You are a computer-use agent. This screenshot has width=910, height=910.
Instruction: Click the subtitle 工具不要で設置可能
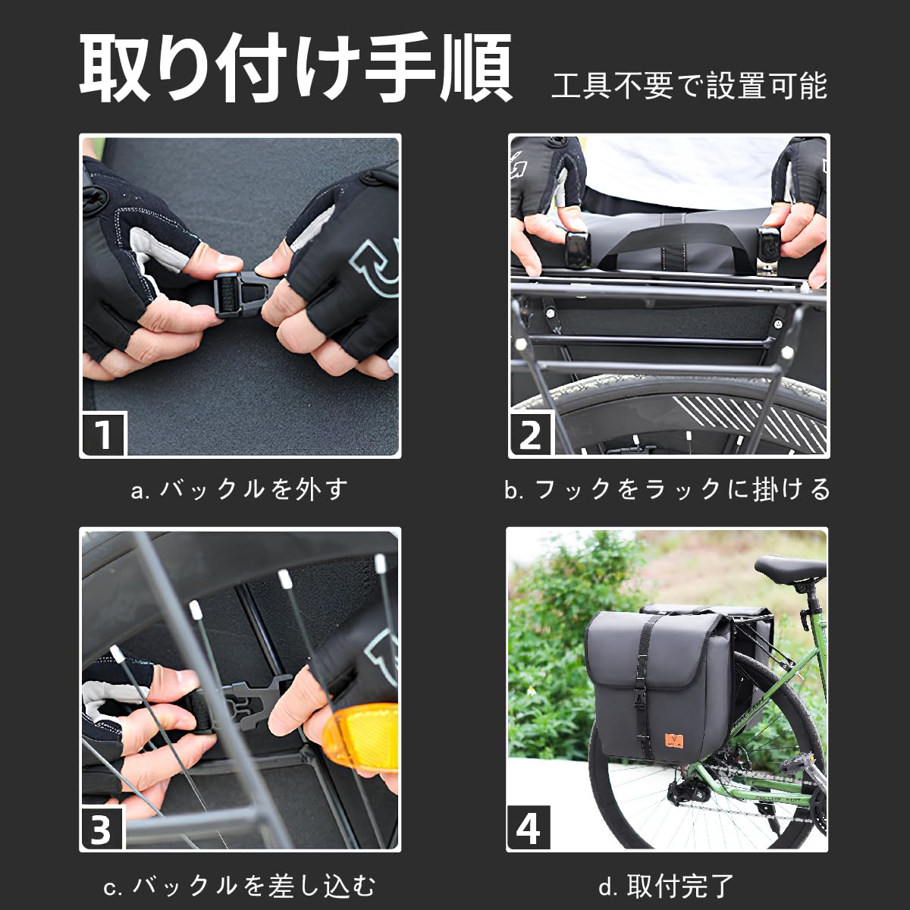coord(689,86)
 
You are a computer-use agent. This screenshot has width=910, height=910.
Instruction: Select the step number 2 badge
coord(531,435)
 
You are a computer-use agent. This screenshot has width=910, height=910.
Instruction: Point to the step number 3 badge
coord(102,828)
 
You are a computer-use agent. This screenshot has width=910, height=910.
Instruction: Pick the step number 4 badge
coord(529,828)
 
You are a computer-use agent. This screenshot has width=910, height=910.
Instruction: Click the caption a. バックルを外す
coord(240,489)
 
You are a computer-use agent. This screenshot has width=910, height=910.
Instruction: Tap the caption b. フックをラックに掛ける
coord(668,489)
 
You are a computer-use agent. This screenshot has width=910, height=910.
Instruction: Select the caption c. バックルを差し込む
coord(240,885)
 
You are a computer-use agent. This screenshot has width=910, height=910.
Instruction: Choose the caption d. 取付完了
coord(667,885)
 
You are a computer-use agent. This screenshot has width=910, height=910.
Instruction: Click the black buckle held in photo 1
coord(236,294)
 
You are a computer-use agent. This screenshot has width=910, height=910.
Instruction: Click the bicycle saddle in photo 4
coord(789,567)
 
